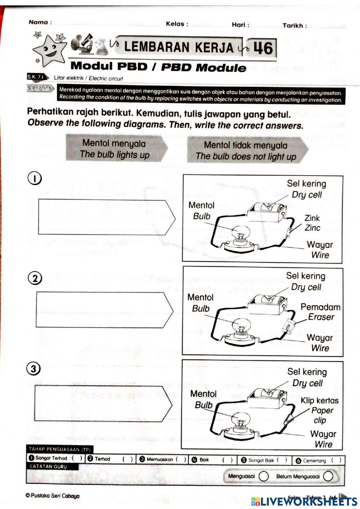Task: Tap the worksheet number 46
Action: [x=262, y=48]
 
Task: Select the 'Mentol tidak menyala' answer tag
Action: [x=246, y=151]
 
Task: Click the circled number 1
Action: [x=35, y=178]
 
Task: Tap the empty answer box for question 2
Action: [x=103, y=310]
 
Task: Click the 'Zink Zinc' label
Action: [x=312, y=223]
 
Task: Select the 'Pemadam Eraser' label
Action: [x=320, y=312]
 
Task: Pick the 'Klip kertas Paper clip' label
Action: [x=319, y=410]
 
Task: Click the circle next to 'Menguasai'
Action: [x=264, y=476]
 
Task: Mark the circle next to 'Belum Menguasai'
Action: [x=328, y=476]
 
